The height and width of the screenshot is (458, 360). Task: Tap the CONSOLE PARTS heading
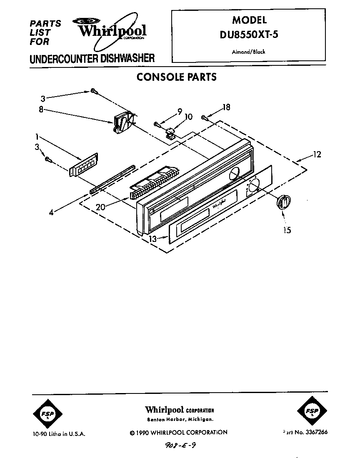point(177,77)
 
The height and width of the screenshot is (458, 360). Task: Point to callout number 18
point(226,107)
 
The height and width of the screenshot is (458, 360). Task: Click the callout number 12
point(317,155)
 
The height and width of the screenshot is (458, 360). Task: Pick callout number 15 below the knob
point(287,229)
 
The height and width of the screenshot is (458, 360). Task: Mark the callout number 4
point(51,212)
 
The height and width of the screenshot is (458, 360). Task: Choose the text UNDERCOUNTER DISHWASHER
point(92,59)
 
